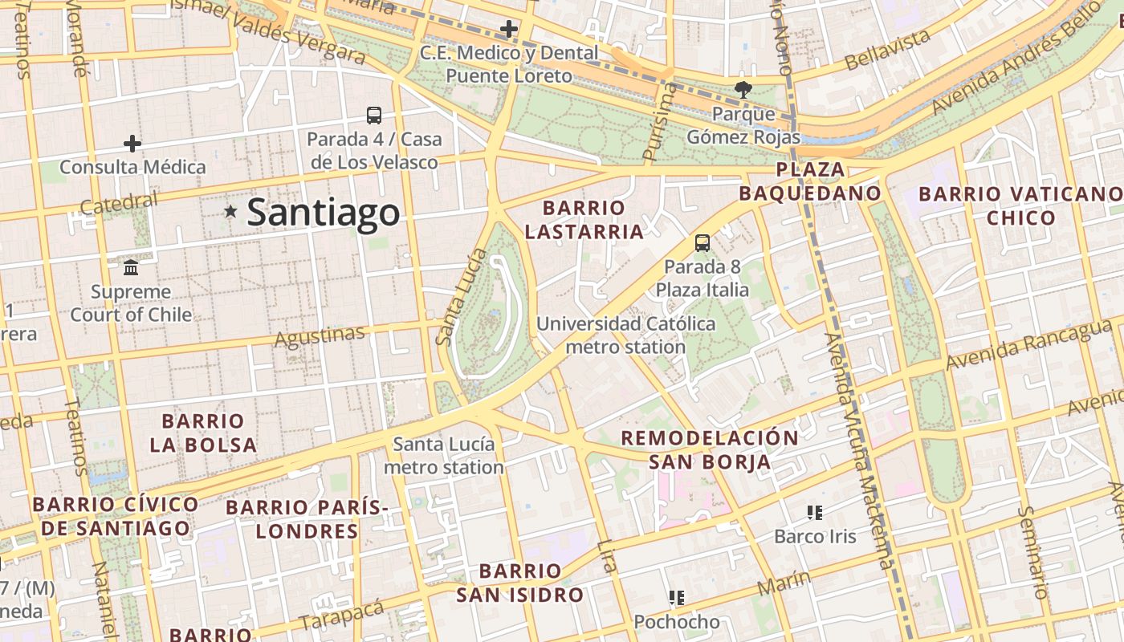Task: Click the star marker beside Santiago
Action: (231, 212)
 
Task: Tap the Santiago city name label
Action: (323, 213)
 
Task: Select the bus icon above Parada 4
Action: (374, 116)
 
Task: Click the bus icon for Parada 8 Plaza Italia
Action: (702, 242)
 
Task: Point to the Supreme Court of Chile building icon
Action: (131, 267)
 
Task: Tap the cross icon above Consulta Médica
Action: (132, 144)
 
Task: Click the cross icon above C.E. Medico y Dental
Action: (509, 30)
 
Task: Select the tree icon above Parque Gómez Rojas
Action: (743, 89)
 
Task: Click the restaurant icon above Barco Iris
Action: (815, 512)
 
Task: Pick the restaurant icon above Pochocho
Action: (677, 597)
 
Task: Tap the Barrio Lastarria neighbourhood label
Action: (584, 220)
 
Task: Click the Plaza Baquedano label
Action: (810, 181)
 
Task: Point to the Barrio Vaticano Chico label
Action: (1020, 205)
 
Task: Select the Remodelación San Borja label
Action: (710, 449)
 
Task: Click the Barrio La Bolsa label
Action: (203, 433)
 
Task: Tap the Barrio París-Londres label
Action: (307, 519)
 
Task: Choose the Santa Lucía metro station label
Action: (444, 455)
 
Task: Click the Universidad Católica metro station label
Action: (625, 335)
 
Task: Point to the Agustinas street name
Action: (319, 337)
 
